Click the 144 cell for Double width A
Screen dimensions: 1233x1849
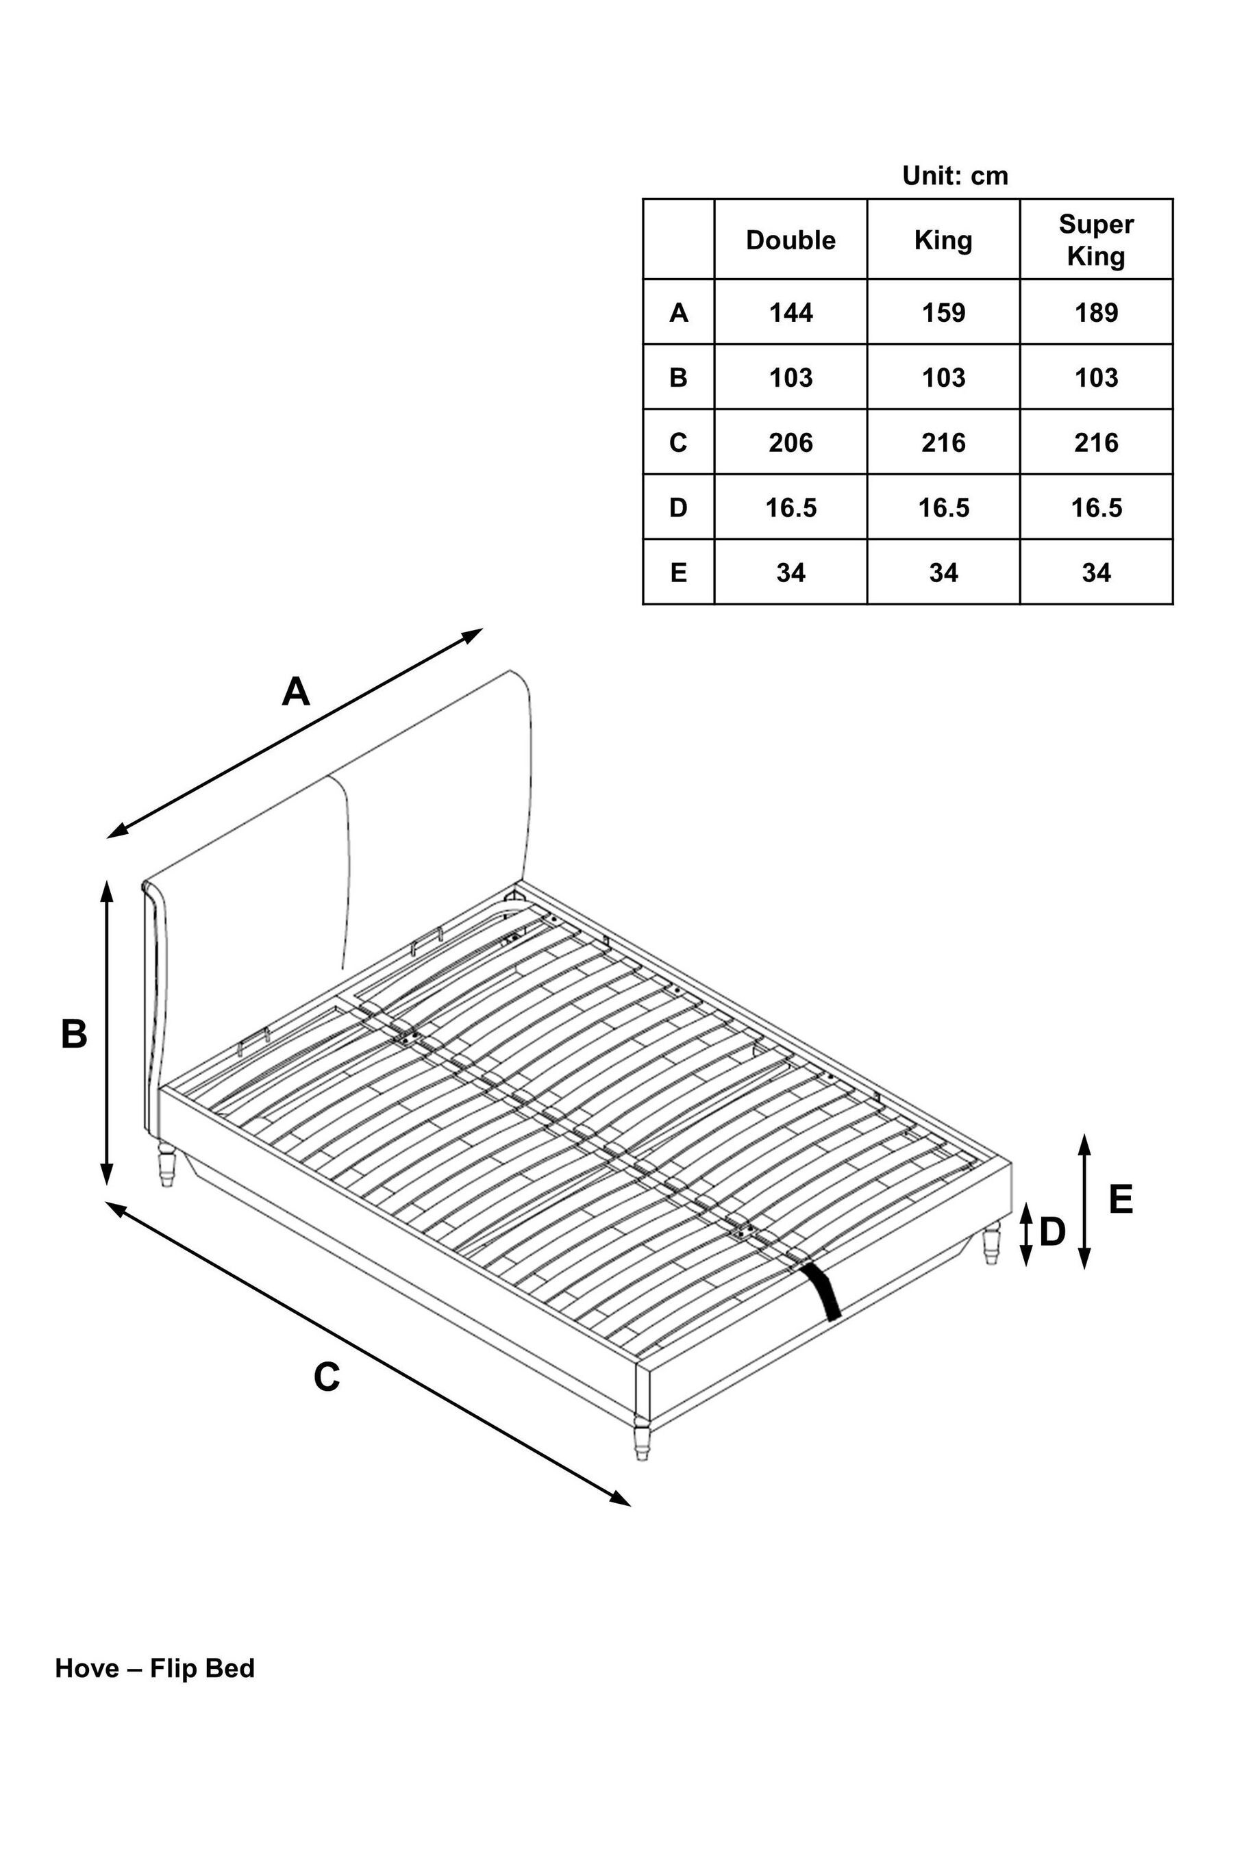790,313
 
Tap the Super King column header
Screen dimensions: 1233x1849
1096,240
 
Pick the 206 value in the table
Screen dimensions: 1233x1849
790,442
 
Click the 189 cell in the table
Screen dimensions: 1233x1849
1096,313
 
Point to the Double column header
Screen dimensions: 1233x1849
790,240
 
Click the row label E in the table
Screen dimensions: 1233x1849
678,573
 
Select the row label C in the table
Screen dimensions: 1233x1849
678,442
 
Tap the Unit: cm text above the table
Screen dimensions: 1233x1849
955,175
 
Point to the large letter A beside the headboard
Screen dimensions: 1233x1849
296,692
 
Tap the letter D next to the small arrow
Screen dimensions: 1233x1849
1052,1233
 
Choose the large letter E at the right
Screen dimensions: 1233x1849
1121,1200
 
